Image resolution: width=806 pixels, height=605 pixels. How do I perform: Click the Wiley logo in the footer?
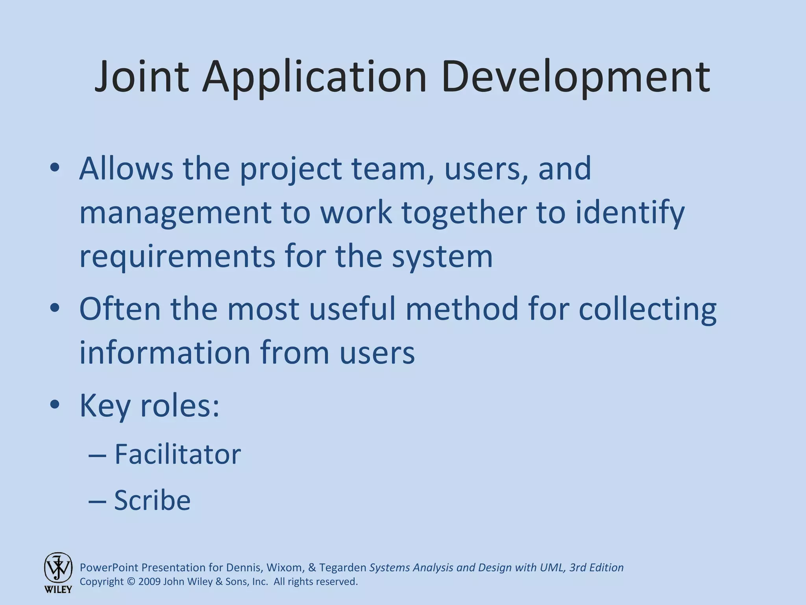pyautogui.click(x=58, y=572)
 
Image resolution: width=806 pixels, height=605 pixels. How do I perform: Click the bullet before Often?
pyautogui.click(x=55, y=308)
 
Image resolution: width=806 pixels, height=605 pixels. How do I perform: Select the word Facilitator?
pyautogui.click(x=177, y=454)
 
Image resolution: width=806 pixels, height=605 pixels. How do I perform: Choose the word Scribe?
pyautogui.click(x=152, y=500)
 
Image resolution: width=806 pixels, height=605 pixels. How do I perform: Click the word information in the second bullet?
pyautogui.click(x=165, y=352)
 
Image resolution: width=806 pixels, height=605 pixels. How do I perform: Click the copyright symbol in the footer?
pyautogui.click(x=131, y=582)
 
